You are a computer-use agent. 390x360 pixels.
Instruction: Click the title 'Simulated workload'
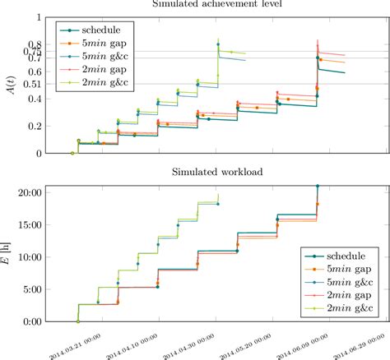[216, 171]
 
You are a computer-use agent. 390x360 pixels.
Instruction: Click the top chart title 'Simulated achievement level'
[216, 4]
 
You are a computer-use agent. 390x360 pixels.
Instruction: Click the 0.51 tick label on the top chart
[33, 84]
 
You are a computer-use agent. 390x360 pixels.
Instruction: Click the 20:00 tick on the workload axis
[30, 192]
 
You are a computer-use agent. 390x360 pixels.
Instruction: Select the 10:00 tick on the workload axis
[30, 256]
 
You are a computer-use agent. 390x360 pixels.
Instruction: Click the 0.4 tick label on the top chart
[36, 99]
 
